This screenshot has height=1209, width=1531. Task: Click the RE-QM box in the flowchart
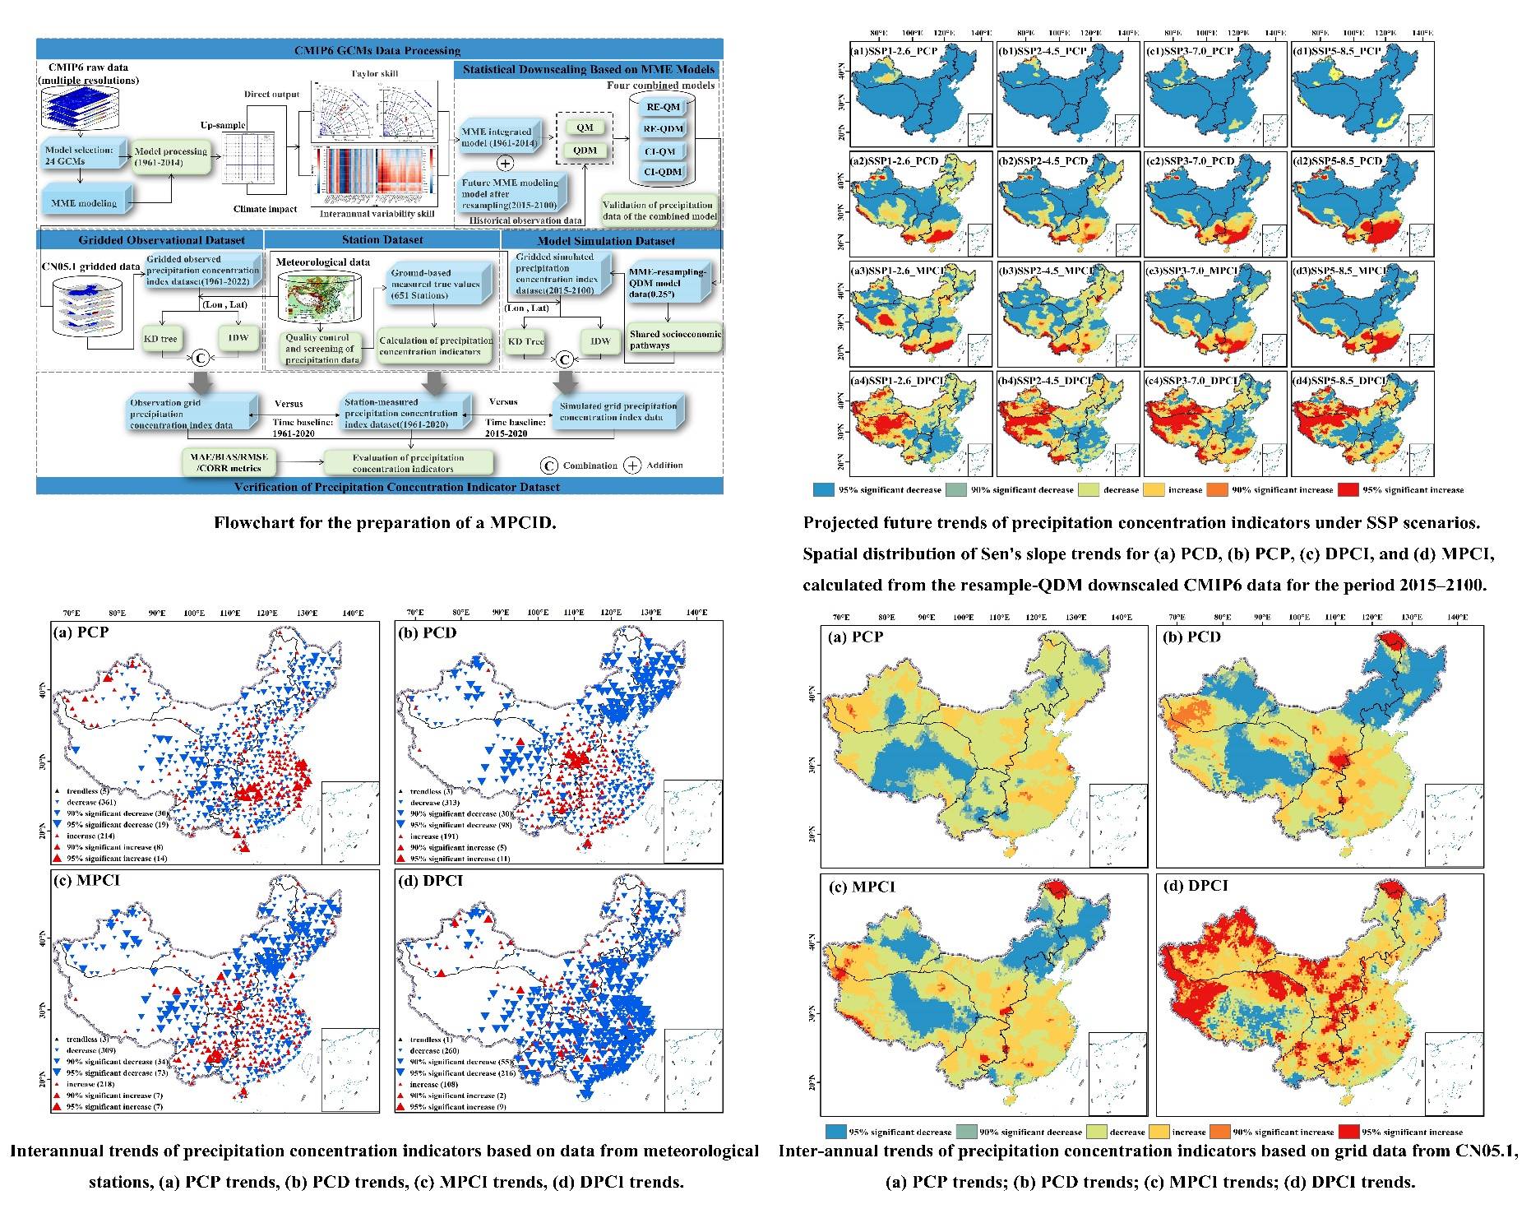click(x=663, y=107)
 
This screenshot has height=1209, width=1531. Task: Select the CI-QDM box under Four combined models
click(x=663, y=172)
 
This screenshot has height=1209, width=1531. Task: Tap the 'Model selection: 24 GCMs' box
click(x=78, y=156)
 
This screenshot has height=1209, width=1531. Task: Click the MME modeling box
click(x=84, y=203)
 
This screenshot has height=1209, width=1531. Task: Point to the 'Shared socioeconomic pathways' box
click(x=674, y=340)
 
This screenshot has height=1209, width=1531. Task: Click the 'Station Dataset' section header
click(x=382, y=240)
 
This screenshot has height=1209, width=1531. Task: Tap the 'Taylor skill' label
click(x=375, y=74)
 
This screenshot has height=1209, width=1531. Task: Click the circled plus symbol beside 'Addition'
click(x=631, y=466)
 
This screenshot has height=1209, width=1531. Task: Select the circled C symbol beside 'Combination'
click(x=548, y=466)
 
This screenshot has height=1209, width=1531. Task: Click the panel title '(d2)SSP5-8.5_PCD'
click(x=1337, y=161)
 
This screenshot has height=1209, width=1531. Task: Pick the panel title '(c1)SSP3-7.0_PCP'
click(x=1189, y=51)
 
